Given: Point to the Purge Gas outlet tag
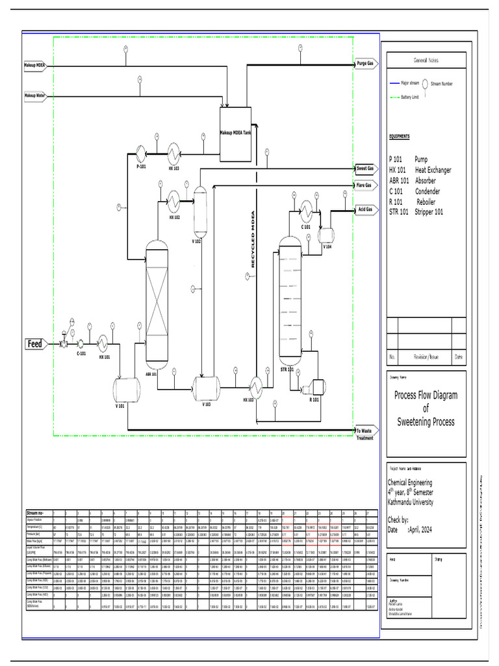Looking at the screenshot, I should [x=366, y=64].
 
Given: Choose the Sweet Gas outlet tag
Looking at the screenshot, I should [x=366, y=168].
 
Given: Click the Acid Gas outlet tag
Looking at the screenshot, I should [x=365, y=209].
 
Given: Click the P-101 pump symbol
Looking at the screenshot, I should [x=141, y=152].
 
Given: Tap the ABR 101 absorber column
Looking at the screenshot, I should [x=157, y=306].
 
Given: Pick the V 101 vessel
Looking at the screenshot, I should [x=127, y=390].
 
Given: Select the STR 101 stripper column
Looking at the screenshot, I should [x=291, y=302].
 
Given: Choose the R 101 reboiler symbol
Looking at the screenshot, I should [x=316, y=388].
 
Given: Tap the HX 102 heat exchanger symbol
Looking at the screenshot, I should [x=174, y=201].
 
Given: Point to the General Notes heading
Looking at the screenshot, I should [x=426, y=60].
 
